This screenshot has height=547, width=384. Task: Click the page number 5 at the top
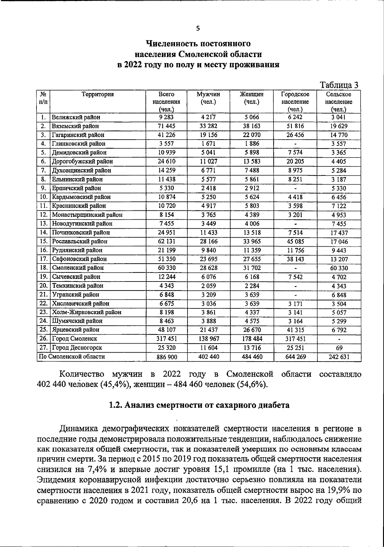[x=198, y=29]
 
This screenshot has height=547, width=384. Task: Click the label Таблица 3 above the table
[x=339, y=85]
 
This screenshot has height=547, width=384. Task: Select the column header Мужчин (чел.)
[x=208, y=98]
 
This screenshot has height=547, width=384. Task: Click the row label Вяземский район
[x=76, y=126]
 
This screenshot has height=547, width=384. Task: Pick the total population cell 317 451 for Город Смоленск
[x=166, y=339]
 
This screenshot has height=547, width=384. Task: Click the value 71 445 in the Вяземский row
[x=166, y=126]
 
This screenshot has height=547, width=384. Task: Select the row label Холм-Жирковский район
[x=87, y=312]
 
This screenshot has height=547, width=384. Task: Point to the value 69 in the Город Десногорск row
[x=339, y=347]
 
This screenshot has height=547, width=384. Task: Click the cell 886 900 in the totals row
[x=166, y=357]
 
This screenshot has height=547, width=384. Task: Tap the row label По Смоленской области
[x=72, y=356]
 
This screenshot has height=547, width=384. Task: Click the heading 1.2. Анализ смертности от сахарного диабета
[x=199, y=405]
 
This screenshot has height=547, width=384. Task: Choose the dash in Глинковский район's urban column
[x=295, y=144]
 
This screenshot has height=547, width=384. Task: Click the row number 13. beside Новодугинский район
[x=44, y=224]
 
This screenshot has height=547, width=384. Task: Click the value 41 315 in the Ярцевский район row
[x=295, y=330]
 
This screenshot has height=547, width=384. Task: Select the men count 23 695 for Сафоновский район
[x=208, y=259]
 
